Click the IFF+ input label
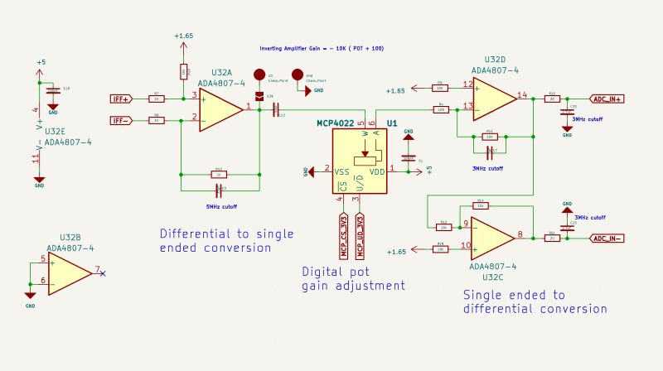[x=121, y=99]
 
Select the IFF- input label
[x=121, y=120]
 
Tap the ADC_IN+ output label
[x=607, y=99]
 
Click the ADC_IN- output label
[x=607, y=238]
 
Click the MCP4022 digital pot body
[x=360, y=161]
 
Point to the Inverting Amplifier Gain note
[x=322, y=49]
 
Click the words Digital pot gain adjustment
[x=353, y=278]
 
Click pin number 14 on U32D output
[x=522, y=94]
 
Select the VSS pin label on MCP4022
[x=341, y=171]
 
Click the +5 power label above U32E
[x=41, y=62]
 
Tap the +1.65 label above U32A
[x=183, y=36]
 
